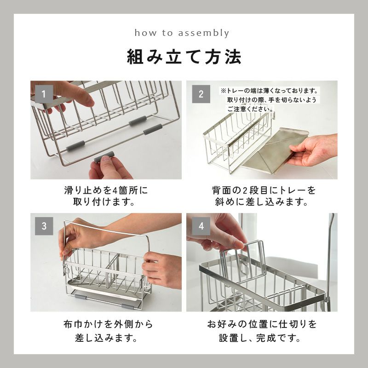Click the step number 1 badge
point(44,94)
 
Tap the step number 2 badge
point(201,94)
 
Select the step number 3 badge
point(44,226)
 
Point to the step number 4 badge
point(201,226)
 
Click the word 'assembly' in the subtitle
point(203,33)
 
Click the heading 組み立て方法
point(184,57)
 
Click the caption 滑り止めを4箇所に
point(106,190)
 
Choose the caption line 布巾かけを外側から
point(108,324)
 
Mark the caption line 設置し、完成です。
point(260,338)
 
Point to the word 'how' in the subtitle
point(145,33)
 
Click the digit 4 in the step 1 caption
point(115,190)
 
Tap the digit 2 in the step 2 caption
point(245,190)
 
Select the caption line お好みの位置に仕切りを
point(262,324)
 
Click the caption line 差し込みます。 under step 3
point(106,338)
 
